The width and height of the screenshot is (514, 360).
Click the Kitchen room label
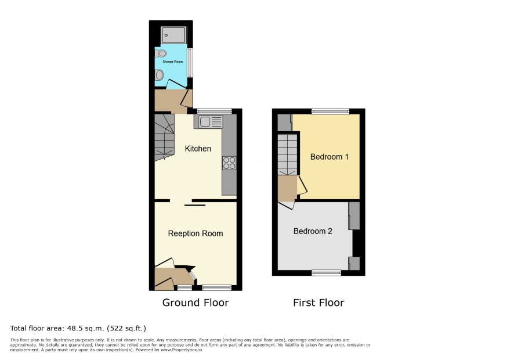198,149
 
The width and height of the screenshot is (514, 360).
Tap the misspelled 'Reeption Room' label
196,233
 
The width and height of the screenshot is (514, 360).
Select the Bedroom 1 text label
329,157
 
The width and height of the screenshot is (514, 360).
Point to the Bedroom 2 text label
313,231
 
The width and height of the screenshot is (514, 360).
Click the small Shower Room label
173,62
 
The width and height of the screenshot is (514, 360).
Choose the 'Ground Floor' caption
196,303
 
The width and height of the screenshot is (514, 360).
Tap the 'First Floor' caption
318,303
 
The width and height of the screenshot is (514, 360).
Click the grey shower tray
173,35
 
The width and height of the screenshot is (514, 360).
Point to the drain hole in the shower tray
166,35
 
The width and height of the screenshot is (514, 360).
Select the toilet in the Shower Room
161,53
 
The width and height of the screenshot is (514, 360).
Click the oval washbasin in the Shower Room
160,75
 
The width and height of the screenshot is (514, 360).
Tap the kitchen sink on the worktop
208,122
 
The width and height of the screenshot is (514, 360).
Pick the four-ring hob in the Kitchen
229,163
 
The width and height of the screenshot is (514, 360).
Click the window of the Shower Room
190,63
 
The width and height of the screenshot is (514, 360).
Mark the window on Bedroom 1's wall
330,111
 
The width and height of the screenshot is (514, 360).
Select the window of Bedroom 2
326,272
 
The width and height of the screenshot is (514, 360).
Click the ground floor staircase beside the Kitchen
164,138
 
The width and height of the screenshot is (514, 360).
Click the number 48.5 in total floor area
75,328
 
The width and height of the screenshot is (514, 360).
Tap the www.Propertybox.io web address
181,350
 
